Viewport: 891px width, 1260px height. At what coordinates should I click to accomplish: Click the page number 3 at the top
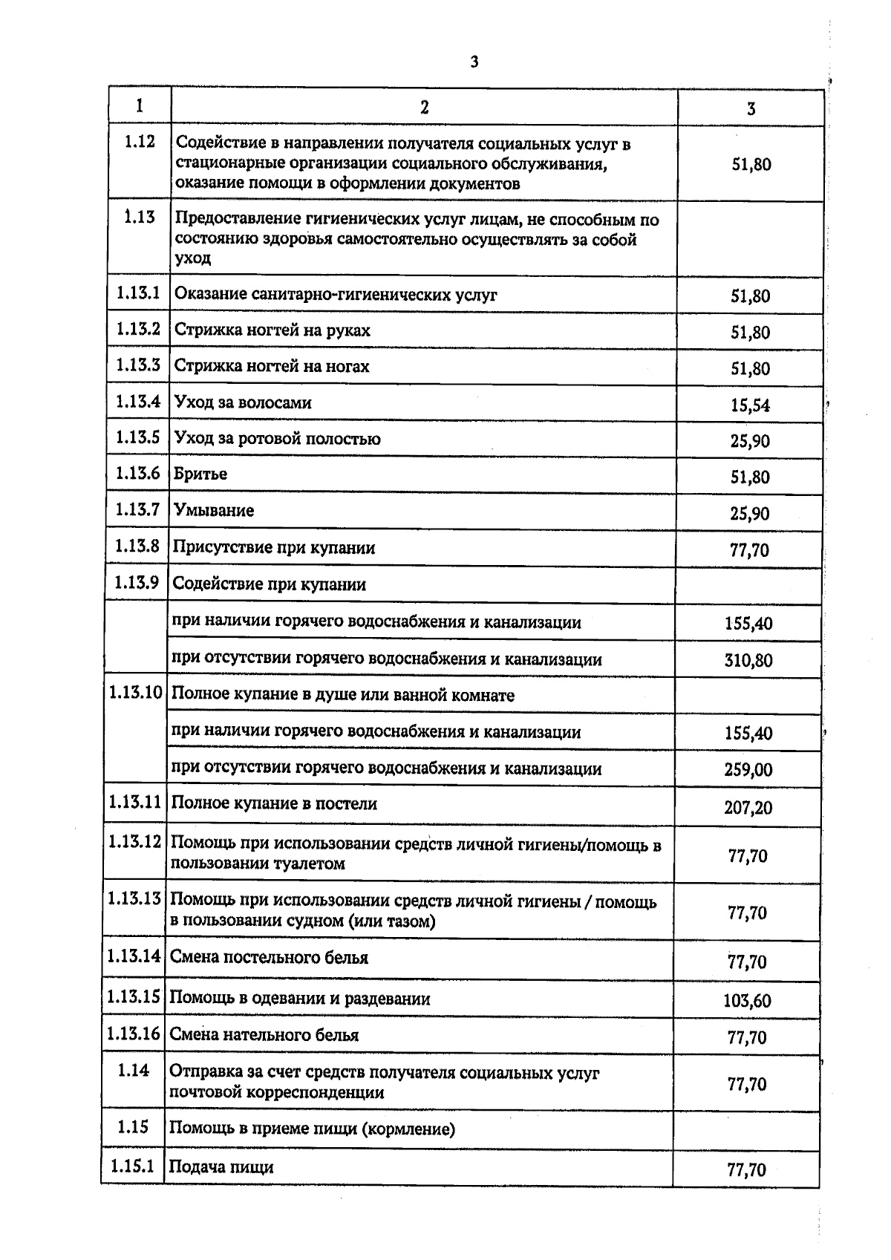pos(474,62)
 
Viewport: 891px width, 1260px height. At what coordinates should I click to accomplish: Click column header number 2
pos(424,107)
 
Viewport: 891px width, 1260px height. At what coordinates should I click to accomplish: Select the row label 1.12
pos(140,141)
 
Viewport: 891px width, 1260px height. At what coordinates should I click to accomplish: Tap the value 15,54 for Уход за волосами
pos(750,405)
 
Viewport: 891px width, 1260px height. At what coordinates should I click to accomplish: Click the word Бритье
pos(200,474)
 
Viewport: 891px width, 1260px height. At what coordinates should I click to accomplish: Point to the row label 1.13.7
pos(137,509)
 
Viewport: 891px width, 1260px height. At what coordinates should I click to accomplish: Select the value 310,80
pos(748,660)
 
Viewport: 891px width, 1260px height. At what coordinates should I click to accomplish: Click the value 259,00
pos(748,770)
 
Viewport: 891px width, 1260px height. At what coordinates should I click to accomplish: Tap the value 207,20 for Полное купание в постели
pos(748,807)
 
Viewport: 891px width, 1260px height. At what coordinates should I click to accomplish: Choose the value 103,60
pos(747,1001)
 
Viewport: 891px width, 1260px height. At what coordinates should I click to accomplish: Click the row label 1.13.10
pos(135,693)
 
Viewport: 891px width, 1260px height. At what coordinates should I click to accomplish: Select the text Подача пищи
pos(221,1166)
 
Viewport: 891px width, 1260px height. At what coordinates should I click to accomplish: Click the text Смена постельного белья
pos(269,957)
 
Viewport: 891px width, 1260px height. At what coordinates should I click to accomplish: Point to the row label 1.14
pos(133,1070)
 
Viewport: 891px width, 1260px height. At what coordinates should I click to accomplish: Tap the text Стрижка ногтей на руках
pos(272,330)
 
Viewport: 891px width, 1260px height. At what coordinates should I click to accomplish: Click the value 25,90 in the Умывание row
pos(750,514)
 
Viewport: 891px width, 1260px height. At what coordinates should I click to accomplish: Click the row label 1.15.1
pos(132,1166)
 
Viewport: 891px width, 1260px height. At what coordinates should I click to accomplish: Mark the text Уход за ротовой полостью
pos(277,439)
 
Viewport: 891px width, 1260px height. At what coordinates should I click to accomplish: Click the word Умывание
pos(214,510)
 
